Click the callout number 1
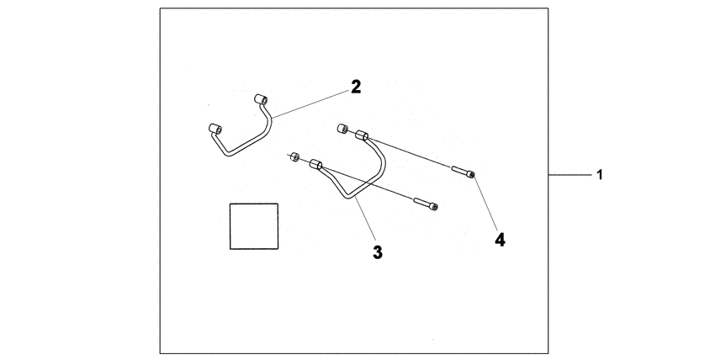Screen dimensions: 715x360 (600, 174)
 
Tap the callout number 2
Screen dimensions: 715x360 (356, 87)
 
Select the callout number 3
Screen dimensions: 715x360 (378, 252)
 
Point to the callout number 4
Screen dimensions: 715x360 (500, 240)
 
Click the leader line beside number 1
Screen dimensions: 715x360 (570, 174)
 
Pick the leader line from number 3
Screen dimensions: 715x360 (365, 219)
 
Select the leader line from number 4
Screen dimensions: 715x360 (485, 204)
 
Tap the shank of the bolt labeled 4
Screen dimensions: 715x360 (458, 171)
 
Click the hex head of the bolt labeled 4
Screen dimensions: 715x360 (470, 174)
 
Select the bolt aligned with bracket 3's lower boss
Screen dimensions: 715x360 (426, 204)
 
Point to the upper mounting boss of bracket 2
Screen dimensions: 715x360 (261, 99)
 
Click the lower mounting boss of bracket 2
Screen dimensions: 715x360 (214, 129)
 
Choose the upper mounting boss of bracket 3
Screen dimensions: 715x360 (362, 135)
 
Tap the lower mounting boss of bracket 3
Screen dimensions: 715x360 (315, 165)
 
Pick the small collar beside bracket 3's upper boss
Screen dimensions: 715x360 (342, 129)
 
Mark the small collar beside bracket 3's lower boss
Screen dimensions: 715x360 (294, 157)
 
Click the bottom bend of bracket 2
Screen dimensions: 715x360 (230, 154)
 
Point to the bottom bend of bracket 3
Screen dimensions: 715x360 (348, 197)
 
